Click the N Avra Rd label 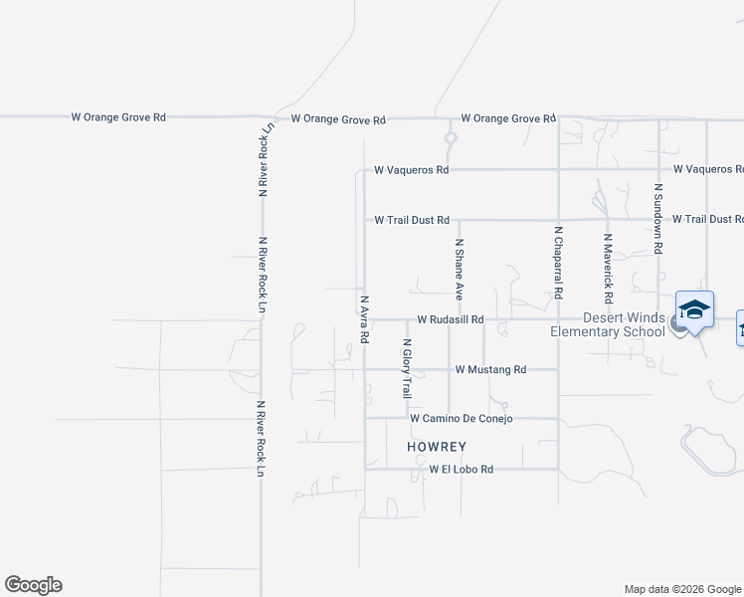pos(365,318)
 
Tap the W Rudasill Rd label pos(450,319)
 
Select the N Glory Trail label pos(406,369)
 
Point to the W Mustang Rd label pos(490,369)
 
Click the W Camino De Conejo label pos(461,419)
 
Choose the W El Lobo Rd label pos(461,469)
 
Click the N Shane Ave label pos(460,269)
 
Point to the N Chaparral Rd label pos(559,263)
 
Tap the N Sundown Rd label pos(657,217)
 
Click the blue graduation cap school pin pos(695,309)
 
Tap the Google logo pos(33,585)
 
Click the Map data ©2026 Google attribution pos(681,589)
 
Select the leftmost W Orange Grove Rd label pos(118,116)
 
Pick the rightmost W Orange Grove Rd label pos(507,118)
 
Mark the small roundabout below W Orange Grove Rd pos(450,138)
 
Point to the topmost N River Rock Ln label pos(265,159)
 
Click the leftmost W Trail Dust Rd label pos(412,220)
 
